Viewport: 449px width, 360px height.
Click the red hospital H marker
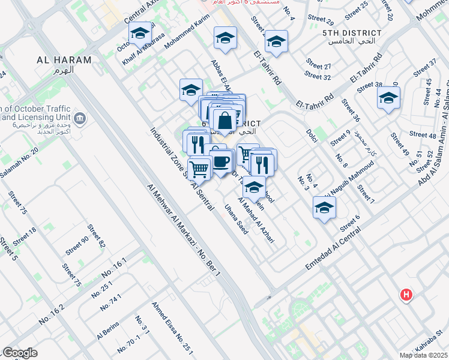click(406, 295)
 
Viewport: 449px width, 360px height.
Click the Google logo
click(20, 352)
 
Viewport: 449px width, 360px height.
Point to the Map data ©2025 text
click(424, 355)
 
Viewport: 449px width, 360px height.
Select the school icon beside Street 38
click(388, 97)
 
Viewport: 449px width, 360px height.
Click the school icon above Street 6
click(324, 208)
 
